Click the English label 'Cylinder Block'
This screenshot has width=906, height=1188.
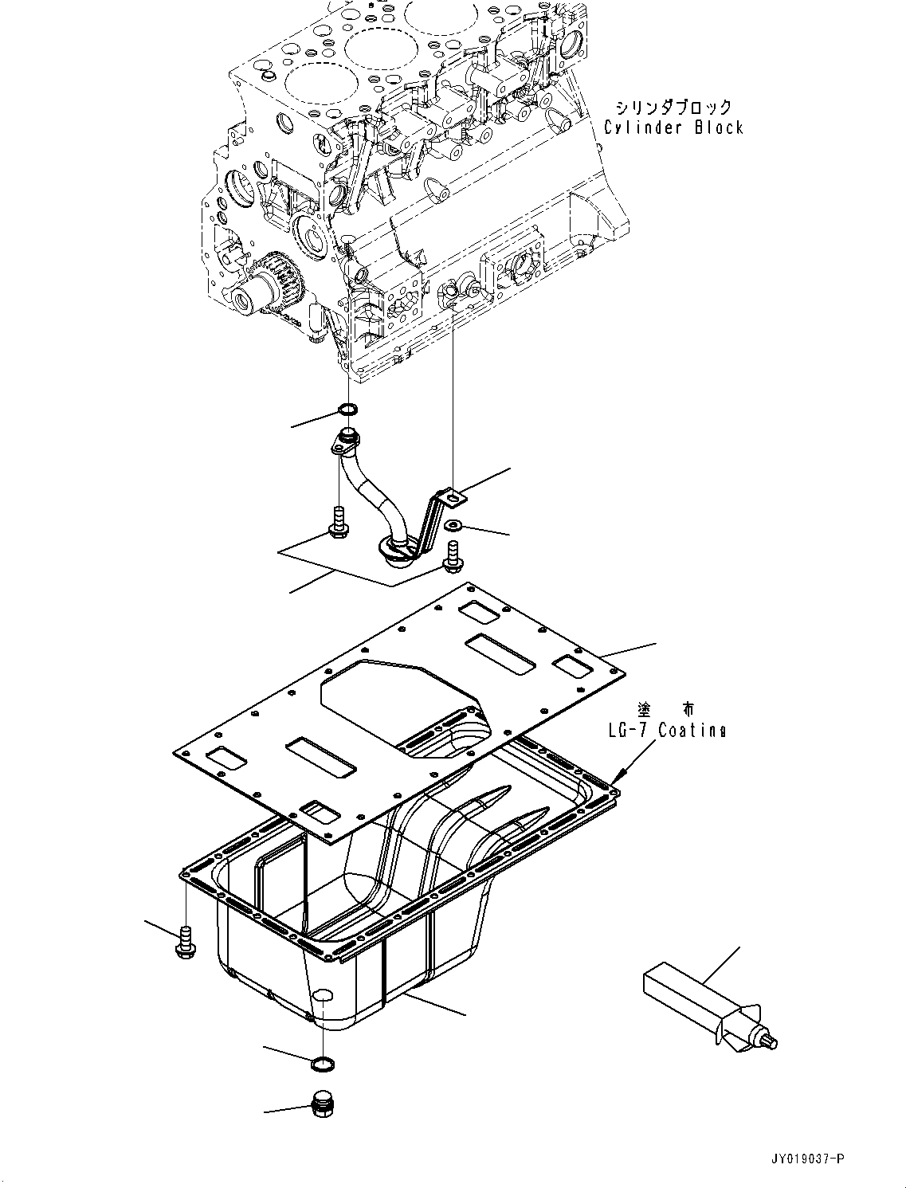coord(674,127)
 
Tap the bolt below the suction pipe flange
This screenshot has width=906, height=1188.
coord(339,522)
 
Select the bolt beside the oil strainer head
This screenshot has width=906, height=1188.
coord(453,559)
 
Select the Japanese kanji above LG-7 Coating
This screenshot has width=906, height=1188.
coord(665,708)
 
